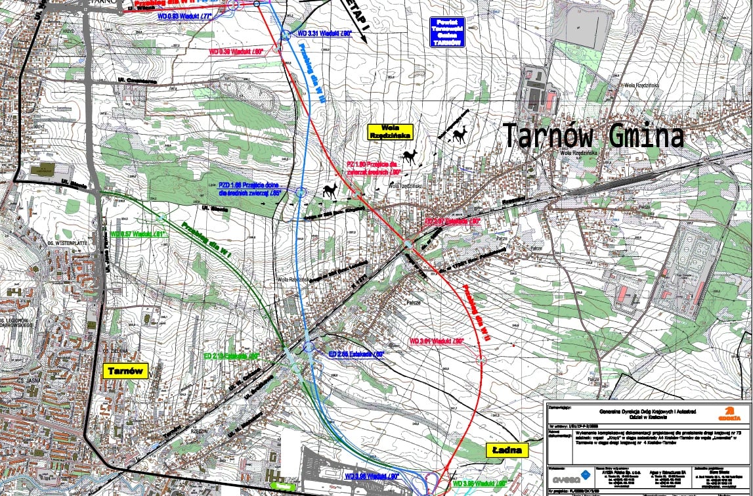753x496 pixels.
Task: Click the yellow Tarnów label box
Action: (x=125, y=371)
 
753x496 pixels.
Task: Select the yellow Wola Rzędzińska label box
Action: (x=390, y=132)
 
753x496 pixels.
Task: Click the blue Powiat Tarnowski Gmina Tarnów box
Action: (x=447, y=32)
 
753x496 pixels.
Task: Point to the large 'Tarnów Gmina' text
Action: (x=593, y=137)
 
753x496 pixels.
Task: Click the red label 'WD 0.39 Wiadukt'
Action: (x=236, y=51)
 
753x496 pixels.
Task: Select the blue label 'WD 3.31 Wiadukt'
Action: (x=325, y=32)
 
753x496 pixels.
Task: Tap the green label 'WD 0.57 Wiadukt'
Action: (x=138, y=234)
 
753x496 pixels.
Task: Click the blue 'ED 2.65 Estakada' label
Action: (x=356, y=353)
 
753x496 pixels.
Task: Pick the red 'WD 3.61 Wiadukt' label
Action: (x=437, y=341)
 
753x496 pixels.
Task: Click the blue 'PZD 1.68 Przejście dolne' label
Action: (x=250, y=190)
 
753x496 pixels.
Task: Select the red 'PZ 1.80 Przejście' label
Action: (x=374, y=168)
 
